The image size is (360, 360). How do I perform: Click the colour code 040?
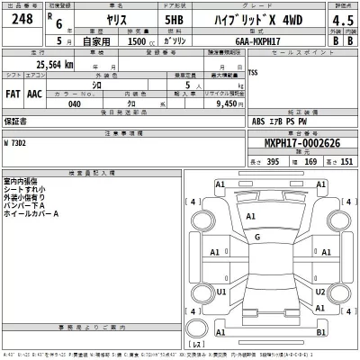coord(74,103)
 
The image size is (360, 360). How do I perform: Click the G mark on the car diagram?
coord(256,237)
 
